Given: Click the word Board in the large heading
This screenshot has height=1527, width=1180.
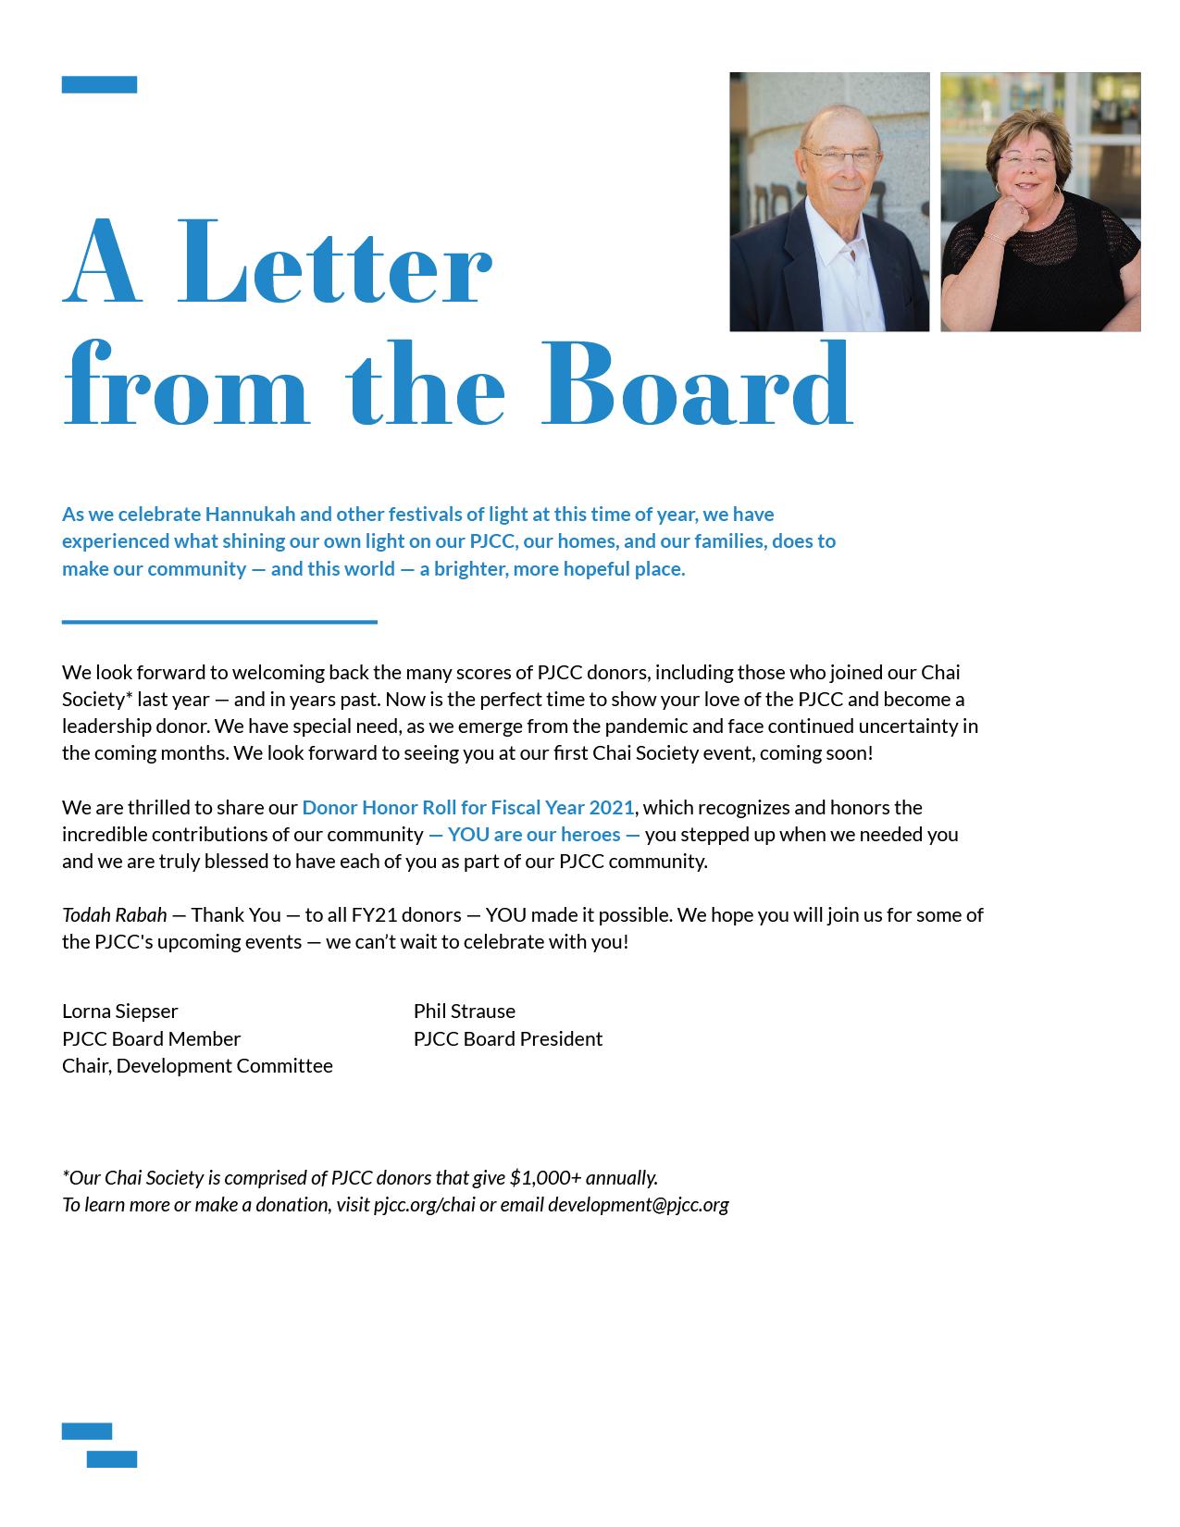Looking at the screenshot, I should click(x=696, y=385).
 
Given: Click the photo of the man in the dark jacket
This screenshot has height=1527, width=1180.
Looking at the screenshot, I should click(x=829, y=202).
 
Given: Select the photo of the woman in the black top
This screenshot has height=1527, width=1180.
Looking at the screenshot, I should click(x=1040, y=202).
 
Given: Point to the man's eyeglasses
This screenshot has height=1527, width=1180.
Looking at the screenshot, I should click(x=838, y=158).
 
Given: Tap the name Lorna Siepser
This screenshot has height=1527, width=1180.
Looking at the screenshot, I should click(x=120, y=1011).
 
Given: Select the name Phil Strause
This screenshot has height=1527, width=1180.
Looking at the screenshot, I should click(x=465, y=1011).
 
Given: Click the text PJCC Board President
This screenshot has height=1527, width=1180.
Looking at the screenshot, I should click(x=508, y=1038).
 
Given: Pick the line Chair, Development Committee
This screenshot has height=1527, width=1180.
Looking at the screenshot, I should click(x=197, y=1065).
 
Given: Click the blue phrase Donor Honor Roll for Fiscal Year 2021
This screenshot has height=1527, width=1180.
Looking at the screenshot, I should click(x=468, y=807).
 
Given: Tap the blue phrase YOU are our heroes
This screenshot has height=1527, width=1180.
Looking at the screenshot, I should click(x=534, y=834).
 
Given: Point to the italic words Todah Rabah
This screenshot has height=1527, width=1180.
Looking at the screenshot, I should click(x=115, y=914).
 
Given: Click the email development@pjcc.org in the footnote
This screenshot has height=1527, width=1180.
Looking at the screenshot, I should click(x=639, y=1204).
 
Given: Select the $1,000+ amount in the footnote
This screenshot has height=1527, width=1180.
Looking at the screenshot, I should click(x=545, y=1177).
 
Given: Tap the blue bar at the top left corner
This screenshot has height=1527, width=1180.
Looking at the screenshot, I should click(x=99, y=85).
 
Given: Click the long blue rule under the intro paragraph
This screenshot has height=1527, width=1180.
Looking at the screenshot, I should click(x=219, y=622).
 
